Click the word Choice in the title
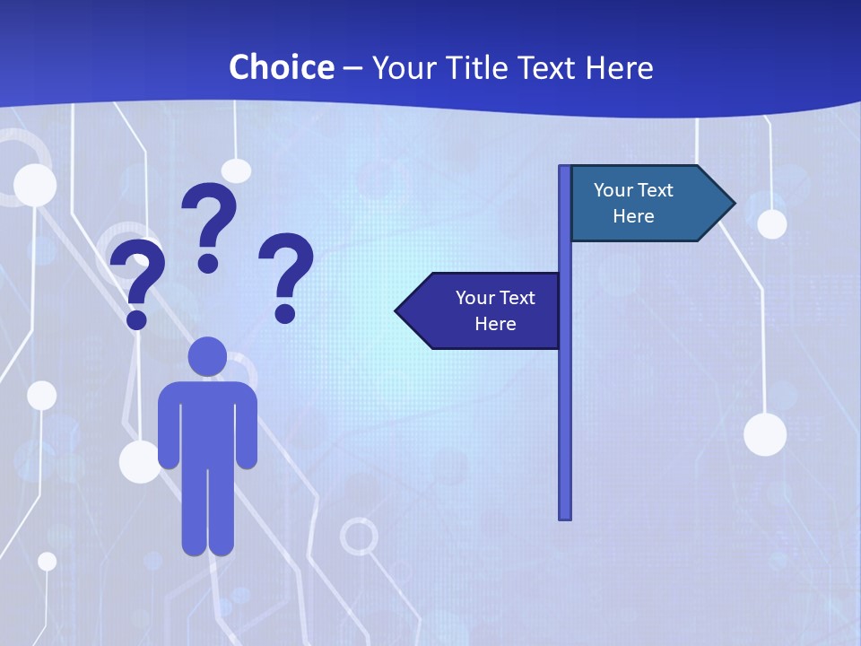pyautogui.click(x=281, y=67)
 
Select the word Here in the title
pyautogui.click(x=619, y=67)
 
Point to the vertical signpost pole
pyautogui.click(x=565, y=404)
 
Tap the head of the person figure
pyautogui.click(x=207, y=356)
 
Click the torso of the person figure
pyautogui.click(x=207, y=422)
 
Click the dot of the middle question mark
pyautogui.click(x=208, y=263)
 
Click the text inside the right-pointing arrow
pyautogui.click(x=633, y=204)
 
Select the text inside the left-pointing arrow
pyautogui.click(x=495, y=311)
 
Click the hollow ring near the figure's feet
pyautogui.click(x=359, y=537)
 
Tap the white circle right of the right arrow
pyautogui.click(x=771, y=223)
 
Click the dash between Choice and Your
pyautogui.click(x=352, y=68)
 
